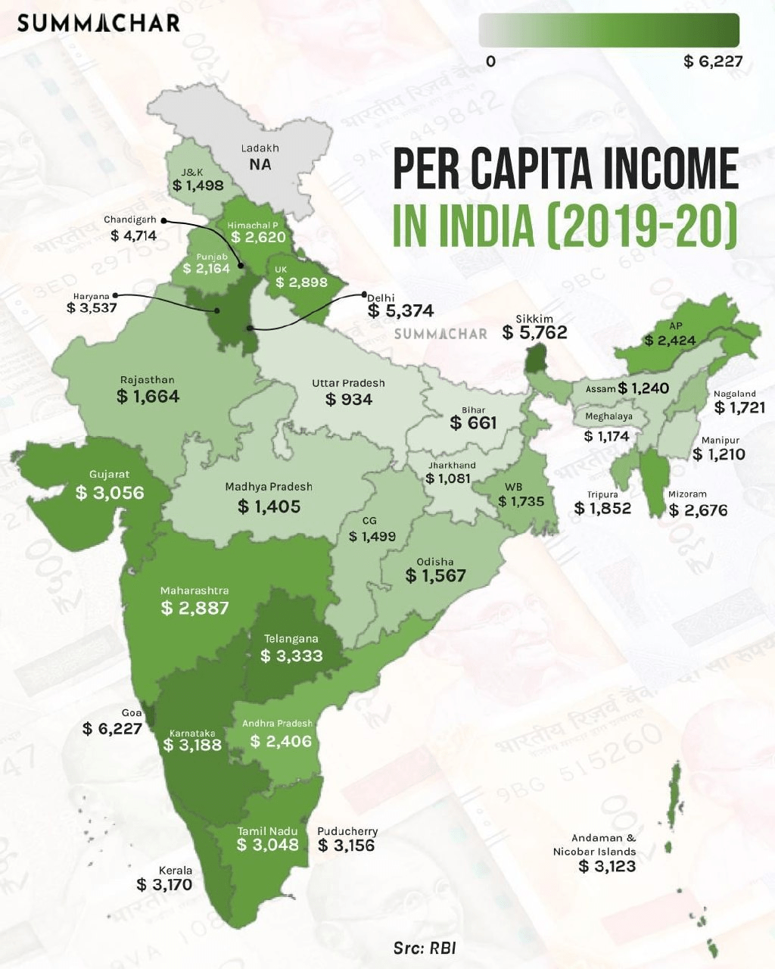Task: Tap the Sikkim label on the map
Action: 534,319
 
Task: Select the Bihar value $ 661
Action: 473,423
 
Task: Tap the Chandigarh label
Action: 130,220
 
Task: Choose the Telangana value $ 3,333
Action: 291,656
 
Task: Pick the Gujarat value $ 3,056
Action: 110,493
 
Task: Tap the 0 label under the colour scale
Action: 490,61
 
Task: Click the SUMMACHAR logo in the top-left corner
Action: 98,23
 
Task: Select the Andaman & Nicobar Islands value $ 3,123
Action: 607,866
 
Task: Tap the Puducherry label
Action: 347,831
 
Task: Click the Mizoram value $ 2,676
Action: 698,510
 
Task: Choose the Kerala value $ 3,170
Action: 164,884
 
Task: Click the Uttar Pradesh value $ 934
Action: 349,399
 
